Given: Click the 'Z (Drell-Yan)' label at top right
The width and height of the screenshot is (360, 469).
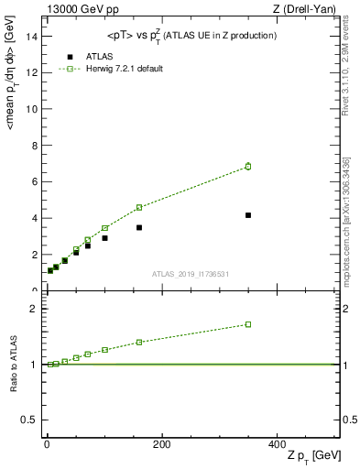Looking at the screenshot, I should point(311,9).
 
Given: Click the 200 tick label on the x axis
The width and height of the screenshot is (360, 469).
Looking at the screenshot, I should point(161,444).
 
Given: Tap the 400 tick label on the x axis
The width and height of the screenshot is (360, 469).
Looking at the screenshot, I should point(276,444).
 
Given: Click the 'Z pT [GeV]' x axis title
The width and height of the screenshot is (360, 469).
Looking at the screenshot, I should point(313,456).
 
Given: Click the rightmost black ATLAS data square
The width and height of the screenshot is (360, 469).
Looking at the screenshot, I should point(248,215).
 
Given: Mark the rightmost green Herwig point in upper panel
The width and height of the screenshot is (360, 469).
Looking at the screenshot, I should point(248,166).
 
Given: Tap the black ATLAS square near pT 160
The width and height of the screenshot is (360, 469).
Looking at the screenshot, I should point(139,227).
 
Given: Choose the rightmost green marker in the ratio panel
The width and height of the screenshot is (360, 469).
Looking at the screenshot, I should point(248,324).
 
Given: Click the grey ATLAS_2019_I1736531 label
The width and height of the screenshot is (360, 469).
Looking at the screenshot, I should point(191,273).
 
